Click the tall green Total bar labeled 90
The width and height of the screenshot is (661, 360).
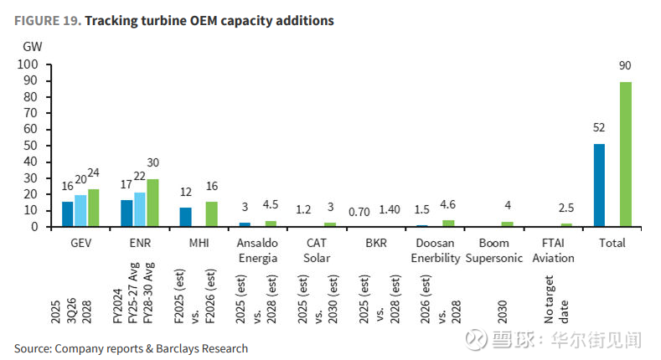click(625, 154)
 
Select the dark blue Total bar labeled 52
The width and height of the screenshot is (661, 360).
click(599, 185)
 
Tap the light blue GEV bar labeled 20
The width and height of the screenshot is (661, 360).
click(80, 210)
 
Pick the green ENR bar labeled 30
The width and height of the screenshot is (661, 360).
click(152, 203)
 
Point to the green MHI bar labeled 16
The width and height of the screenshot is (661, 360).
click(211, 213)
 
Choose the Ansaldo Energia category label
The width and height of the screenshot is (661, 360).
click(257, 250)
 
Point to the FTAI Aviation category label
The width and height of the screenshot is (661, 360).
click(553, 250)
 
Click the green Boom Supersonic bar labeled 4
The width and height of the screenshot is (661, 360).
click(506, 224)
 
